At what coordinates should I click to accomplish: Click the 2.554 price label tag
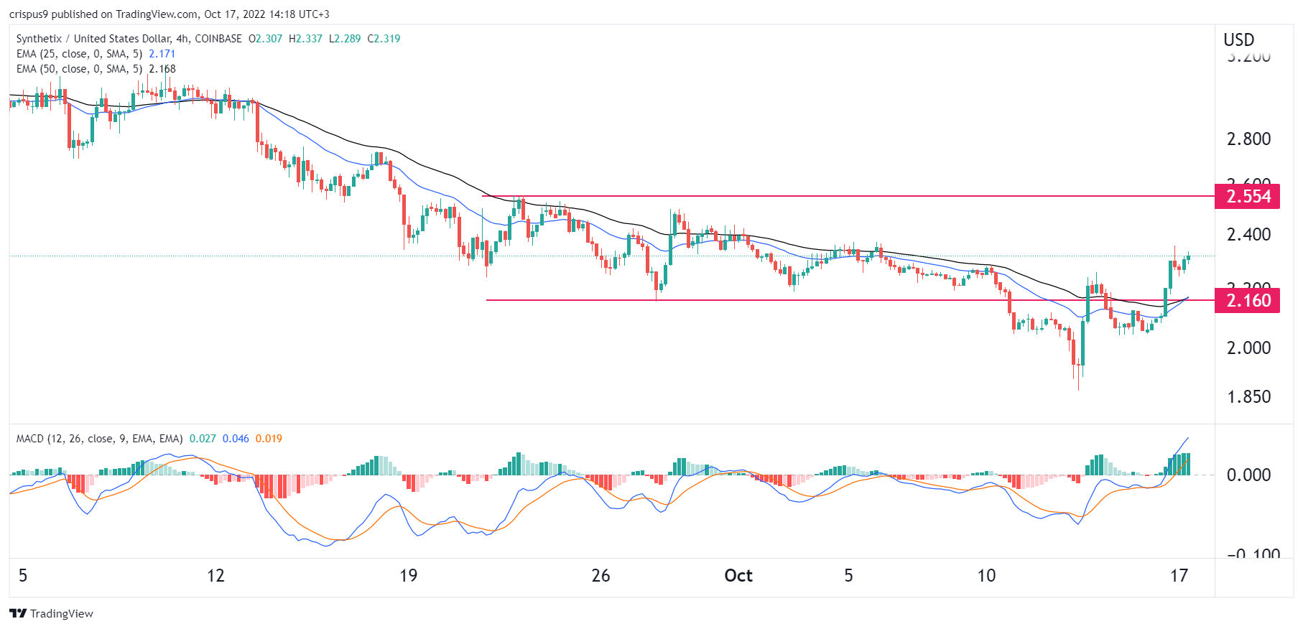pos(1248,197)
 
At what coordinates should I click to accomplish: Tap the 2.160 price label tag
pos(1248,301)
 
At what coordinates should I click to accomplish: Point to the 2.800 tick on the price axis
pos(1248,139)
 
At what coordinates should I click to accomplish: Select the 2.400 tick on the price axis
pos(1248,235)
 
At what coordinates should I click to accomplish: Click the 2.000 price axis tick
pos(1248,348)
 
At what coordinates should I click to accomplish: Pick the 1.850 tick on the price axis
pos(1248,397)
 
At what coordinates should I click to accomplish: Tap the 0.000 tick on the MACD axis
pos(1248,475)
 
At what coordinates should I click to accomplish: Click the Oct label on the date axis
pos(738,576)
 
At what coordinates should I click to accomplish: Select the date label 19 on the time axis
pos(408,576)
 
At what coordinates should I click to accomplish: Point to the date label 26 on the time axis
pos(601,576)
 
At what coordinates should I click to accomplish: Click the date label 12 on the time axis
pos(215,576)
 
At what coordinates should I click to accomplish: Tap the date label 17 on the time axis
pos(1179,576)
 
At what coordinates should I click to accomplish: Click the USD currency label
pos(1239,40)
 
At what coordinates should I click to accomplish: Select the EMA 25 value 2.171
pos(162,54)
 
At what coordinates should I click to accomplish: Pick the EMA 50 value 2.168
pos(162,69)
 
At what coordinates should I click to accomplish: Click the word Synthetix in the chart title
pos(39,39)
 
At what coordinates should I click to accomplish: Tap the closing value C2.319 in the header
pos(384,39)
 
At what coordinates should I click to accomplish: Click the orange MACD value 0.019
pos(269,439)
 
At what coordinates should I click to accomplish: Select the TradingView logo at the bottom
pos(52,614)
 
